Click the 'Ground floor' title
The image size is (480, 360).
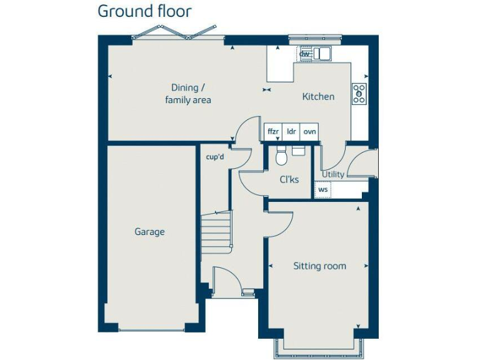click(144, 11)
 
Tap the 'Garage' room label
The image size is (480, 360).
click(149, 232)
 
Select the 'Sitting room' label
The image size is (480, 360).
click(319, 266)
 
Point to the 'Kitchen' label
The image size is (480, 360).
click(318, 97)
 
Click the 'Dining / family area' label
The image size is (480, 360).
click(187, 94)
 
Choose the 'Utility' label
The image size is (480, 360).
click(332, 174)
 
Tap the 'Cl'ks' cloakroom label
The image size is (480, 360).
click(289, 180)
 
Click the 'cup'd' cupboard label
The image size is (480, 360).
click(214, 157)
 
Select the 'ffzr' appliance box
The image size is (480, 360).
click(273, 132)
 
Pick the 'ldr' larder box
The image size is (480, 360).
click(291, 132)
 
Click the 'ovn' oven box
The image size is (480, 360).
click(309, 132)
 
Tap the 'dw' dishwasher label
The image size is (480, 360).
click(304, 54)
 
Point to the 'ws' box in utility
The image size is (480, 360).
click(323, 189)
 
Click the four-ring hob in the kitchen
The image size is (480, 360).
click(359, 94)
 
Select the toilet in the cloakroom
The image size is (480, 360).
click(281, 156)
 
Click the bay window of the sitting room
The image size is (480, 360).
click(319, 347)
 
